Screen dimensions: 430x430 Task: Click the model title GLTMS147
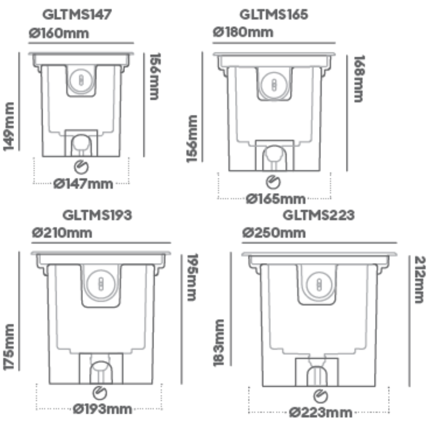click(77, 15)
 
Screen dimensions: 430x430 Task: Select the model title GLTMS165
click(274, 15)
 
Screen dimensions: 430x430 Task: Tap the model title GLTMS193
click(97, 215)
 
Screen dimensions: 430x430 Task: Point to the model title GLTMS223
click(319, 215)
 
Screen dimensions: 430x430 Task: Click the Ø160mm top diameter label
click(59, 33)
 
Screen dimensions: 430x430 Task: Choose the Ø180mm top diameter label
click(243, 32)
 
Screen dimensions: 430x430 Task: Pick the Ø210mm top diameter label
click(62, 233)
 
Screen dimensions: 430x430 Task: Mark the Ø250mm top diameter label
click(274, 233)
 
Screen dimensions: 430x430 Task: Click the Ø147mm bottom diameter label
click(83, 184)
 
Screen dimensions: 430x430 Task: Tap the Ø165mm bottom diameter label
click(275, 199)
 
